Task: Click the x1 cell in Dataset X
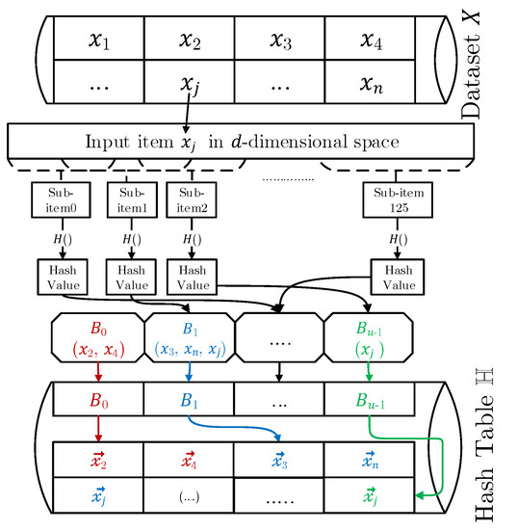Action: coord(98,40)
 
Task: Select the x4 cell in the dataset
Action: coord(372,40)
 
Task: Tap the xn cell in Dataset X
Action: coord(372,84)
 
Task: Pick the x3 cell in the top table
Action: coord(280,40)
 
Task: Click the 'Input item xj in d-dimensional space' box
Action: coord(241,142)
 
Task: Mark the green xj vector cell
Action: coord(372,496)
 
